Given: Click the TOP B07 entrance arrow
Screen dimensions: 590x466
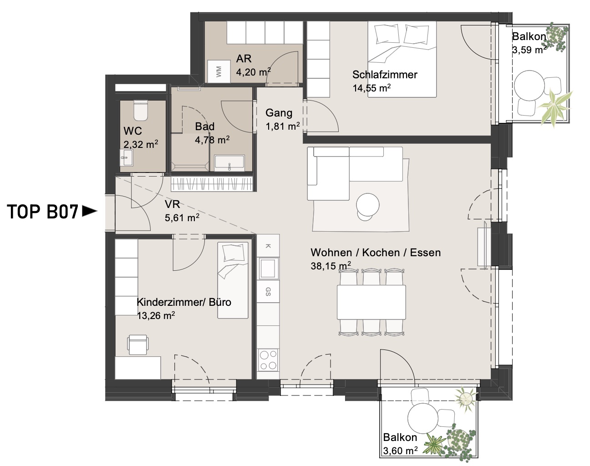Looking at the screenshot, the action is [90, 211].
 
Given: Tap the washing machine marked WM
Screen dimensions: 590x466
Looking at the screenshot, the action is [219, 71].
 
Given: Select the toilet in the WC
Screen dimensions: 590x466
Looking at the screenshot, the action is [141, 111].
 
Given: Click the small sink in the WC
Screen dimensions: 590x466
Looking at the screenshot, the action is [127, 157].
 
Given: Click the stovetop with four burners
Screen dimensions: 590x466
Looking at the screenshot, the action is [268, 360].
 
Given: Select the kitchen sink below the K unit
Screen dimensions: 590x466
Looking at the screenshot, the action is [268, 268].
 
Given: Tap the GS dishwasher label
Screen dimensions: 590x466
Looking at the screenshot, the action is [268, 292].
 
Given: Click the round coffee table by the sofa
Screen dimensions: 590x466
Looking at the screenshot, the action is [368, 205].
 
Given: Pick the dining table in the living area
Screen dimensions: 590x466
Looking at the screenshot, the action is [371, 302].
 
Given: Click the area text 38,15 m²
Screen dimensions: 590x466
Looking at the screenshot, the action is [331, 266].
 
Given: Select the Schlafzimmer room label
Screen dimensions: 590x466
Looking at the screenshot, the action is [385, 75].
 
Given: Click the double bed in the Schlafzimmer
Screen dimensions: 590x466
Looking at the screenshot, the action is [402, 59].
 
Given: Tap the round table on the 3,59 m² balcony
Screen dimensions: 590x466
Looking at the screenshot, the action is [529, 86].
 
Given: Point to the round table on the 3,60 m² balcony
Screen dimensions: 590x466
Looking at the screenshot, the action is [423, 419].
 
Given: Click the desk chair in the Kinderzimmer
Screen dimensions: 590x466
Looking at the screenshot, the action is [137, 345].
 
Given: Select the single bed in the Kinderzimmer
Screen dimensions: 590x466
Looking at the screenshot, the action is [233, 280].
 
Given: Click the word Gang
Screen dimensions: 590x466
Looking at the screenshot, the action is [279, 113].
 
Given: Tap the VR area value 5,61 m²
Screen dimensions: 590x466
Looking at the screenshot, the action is [182, 218].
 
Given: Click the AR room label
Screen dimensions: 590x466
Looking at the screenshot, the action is [244, 59].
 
